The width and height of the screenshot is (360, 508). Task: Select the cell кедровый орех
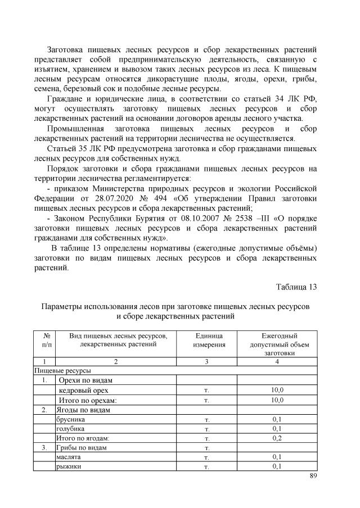pos(81,390)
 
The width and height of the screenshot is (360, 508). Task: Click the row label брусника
pos(70,419)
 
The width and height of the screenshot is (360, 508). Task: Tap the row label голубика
pos(70,429)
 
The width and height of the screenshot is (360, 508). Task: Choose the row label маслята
pos(68,457)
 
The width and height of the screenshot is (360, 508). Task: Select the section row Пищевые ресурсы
pos(63,370)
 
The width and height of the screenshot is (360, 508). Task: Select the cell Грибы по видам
pos(82,448)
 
